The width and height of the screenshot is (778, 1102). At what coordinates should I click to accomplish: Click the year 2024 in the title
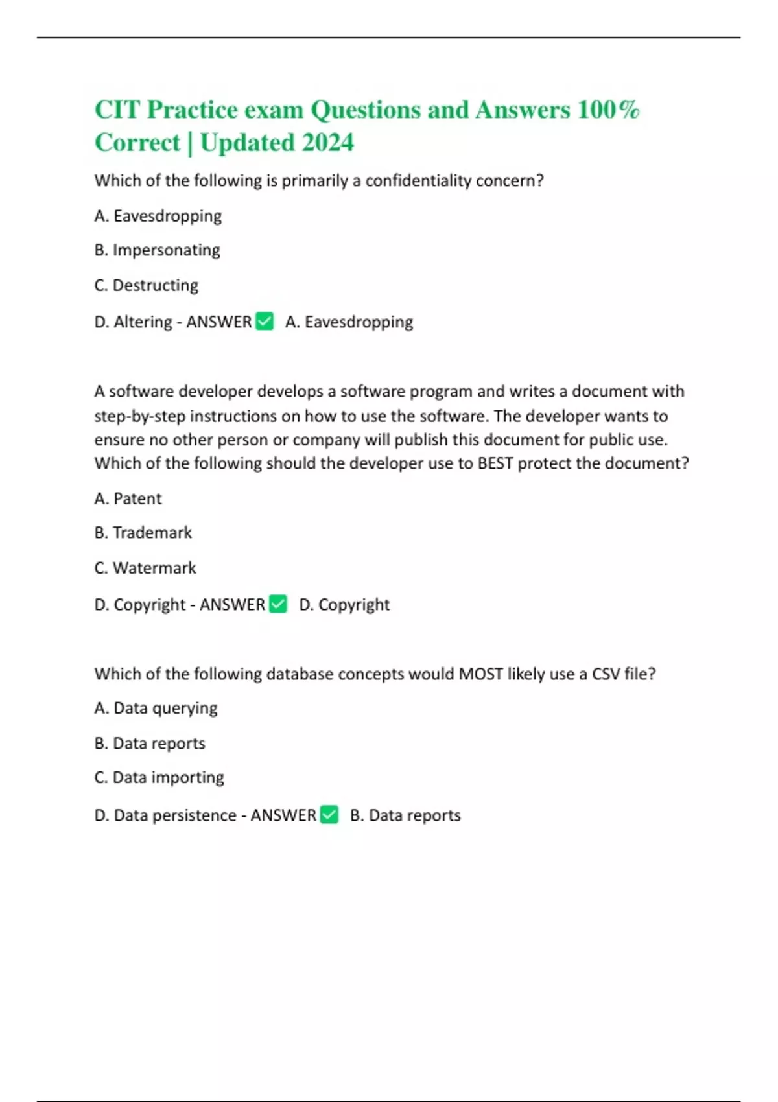click(x=327, y=143)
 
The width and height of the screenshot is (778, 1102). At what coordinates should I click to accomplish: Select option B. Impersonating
click(x=158, y=250)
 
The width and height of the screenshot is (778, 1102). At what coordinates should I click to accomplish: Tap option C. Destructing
click(x=147, y=285)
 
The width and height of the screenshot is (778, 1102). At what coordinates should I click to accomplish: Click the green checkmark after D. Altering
click(x=265, y=321)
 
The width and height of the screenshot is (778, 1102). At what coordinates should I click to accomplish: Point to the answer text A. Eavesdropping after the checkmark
click(x=349, y=322)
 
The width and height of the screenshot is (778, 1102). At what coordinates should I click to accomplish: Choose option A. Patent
click(x=128, y=498)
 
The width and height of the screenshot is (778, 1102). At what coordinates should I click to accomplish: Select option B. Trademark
click(x=143, y=533)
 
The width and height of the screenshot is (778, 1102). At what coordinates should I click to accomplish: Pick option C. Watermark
click(x=145, y=568)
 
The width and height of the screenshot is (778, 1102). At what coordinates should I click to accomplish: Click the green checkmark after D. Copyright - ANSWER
click(x=278, y=604)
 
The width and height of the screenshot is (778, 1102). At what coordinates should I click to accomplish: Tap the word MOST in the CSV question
click(x=480, y=674)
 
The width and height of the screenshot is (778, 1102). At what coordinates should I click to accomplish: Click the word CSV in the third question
click(x=606, y=674)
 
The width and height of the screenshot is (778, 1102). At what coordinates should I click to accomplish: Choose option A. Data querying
click(x=156, y=708)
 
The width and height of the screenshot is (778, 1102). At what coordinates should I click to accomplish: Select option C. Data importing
click(x=159, y=777)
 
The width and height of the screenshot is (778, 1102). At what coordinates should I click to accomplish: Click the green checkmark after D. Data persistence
click(x=329, y=814)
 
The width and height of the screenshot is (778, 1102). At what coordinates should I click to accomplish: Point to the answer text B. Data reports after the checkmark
click(x=405, y=815)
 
